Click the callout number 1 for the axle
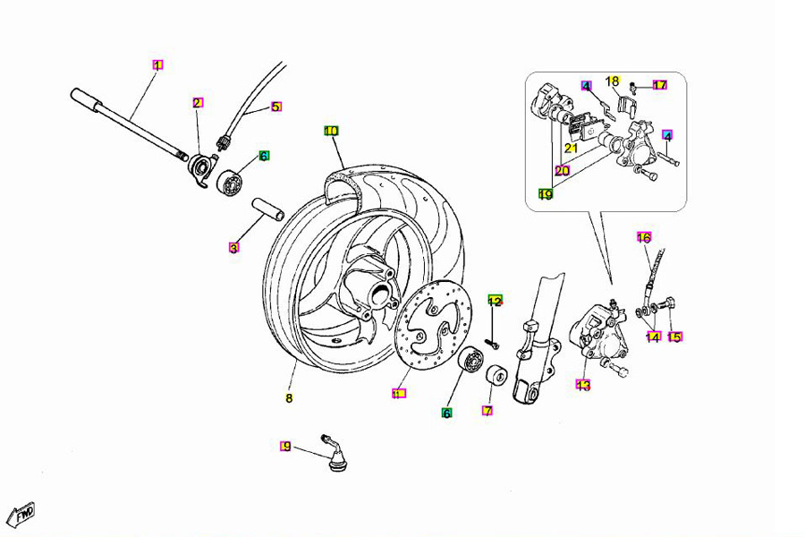[157, 64]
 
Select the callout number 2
[197, 103]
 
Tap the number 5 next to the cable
[275, 107]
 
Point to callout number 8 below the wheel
[289, 398]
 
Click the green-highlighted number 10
[331, 131]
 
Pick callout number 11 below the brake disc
[399, 393]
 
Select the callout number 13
[583, 386]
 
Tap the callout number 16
[644, 237]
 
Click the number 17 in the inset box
[659, 86]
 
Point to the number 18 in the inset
[613, 81]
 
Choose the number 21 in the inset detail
[571, 149]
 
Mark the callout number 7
[487, 411]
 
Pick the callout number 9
[286, 446]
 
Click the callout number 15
[674, 337]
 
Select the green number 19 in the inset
[545, 193]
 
